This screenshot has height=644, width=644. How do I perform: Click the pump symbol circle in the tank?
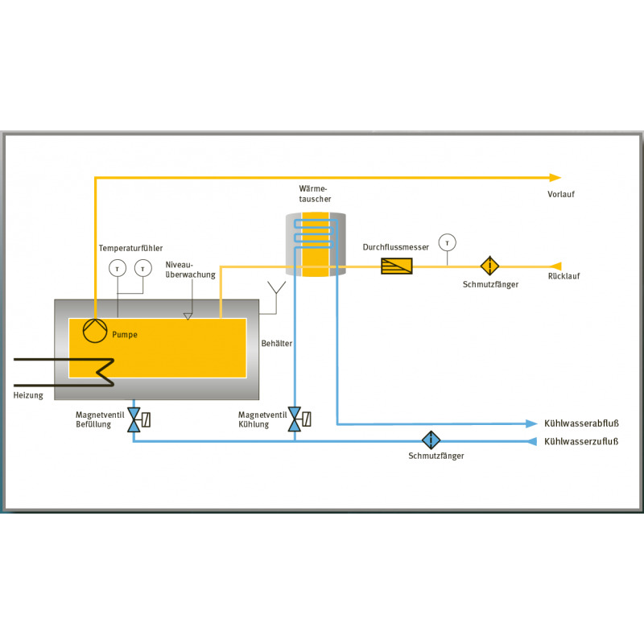[x=95, y=331]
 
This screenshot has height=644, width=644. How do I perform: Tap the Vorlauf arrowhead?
[x=555, y=178]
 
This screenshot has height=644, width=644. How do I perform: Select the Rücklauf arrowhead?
[x=555, y=266]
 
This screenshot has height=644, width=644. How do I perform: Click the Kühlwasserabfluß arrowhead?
[x=531, y=423]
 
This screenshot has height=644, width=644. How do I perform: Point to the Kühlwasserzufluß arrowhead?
[x=531, y=441]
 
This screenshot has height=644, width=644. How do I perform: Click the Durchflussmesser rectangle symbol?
[x=397, y=266]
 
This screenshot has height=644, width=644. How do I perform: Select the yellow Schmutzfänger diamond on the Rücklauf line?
[x=489, y=266]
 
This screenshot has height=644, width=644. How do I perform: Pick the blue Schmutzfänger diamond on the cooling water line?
[x=431, y=440]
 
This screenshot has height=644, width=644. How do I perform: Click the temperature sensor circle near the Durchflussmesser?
[x=448, y=243]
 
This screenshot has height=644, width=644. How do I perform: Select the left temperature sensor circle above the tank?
[x=118, y=269]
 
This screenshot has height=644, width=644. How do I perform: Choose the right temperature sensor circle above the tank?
[x=143, y=269]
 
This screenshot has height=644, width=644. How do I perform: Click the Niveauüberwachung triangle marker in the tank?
[x=188, y=316]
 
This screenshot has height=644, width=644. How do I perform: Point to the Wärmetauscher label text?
[x=315, y=194]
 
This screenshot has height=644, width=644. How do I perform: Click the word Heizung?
[x=28, y=395]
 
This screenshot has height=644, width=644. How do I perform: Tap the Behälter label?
[x=277, y=344]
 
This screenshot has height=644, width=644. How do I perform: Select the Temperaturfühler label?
[x=130, y=248]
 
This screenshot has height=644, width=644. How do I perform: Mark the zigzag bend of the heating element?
[x=105, y=372]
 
